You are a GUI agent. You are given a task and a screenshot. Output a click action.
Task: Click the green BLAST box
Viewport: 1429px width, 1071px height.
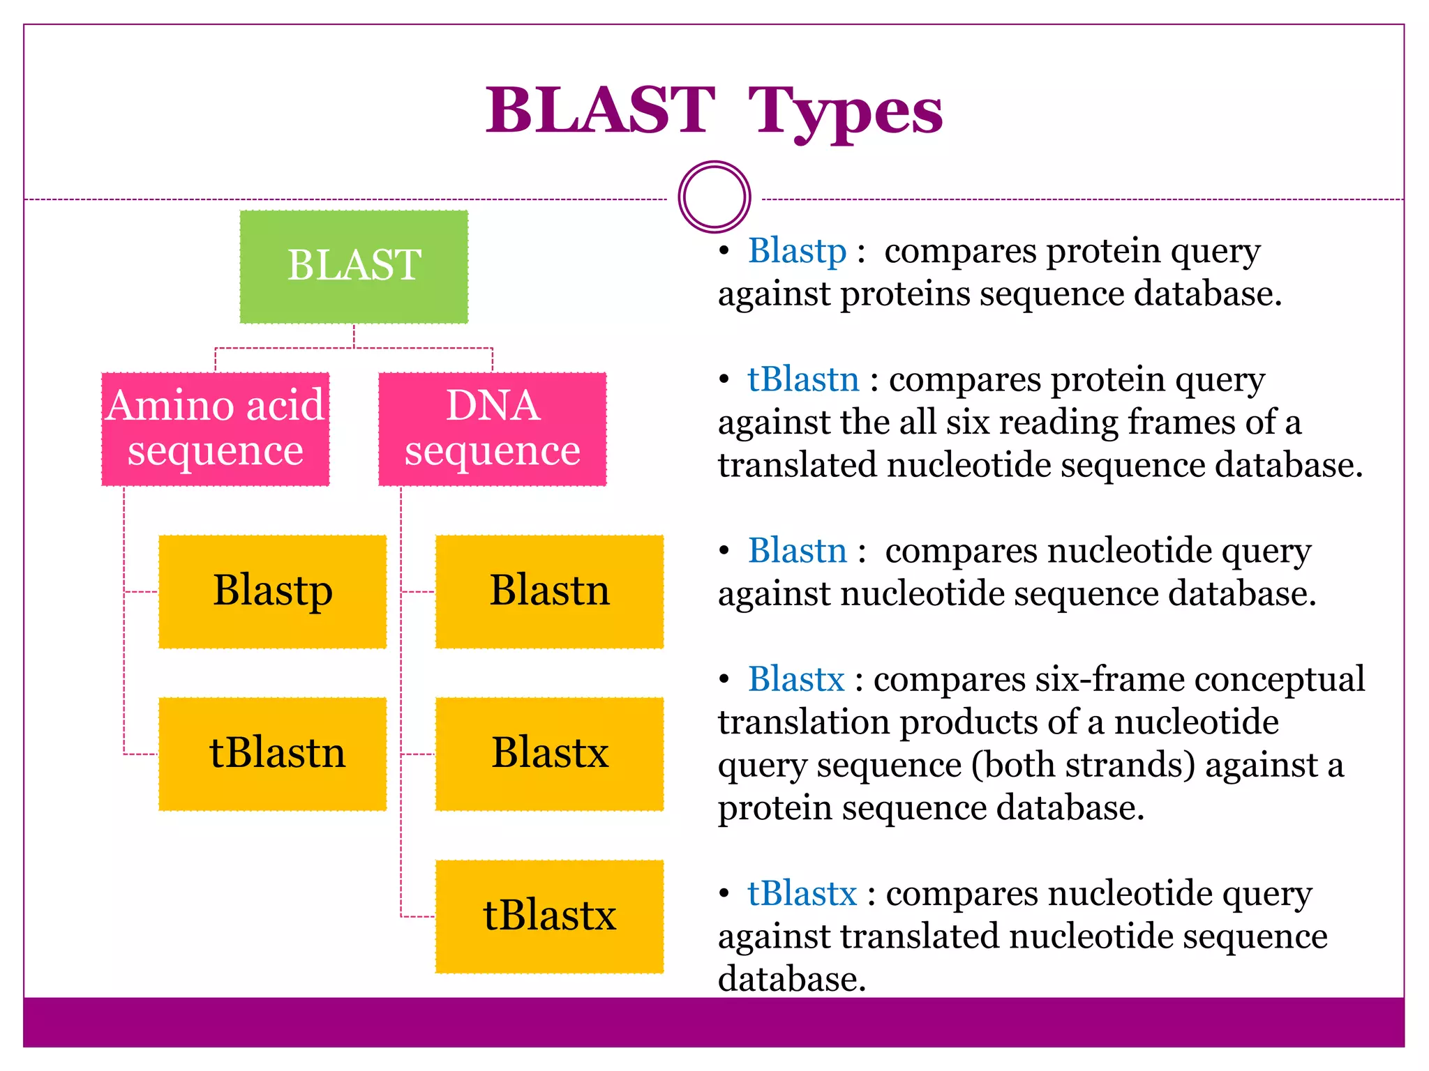click(354, 267)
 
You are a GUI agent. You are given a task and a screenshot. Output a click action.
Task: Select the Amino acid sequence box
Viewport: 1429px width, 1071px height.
click(215, 429)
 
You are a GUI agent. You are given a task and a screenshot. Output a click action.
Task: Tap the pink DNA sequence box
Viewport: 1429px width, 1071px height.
click(492, 429)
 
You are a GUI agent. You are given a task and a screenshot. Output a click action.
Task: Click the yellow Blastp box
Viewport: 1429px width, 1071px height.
click(272, 591)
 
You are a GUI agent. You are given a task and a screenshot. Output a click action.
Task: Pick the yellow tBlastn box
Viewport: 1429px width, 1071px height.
click(272, 754)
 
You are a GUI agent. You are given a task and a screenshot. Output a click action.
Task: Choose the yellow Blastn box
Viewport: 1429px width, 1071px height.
click(549, 591)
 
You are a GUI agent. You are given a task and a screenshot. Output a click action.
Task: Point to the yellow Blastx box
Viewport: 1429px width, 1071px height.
click(549, 754)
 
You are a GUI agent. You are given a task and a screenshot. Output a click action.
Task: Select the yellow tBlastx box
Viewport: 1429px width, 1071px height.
click(549, 916)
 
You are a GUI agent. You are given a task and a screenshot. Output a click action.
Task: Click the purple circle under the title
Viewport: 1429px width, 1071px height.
click(714, 197)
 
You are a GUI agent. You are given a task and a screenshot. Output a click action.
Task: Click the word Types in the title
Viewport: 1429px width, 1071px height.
click(845, 112)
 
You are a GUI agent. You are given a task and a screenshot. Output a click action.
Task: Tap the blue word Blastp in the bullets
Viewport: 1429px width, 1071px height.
click(797, 251)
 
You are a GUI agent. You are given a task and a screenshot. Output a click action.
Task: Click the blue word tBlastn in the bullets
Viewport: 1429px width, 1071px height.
click(803, 380)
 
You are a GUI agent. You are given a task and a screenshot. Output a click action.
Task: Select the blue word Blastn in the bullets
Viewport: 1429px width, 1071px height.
click(797, 551)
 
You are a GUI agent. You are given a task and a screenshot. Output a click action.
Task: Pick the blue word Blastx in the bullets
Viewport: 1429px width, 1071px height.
click(796, 679)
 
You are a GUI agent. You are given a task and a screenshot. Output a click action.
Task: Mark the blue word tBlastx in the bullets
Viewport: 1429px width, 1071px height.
click(802, 894)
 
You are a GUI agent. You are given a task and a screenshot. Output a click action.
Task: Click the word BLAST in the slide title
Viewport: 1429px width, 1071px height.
click(600, 112)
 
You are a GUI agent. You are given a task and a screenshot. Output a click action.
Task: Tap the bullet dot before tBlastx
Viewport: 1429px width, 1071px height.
click(724, 894)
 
